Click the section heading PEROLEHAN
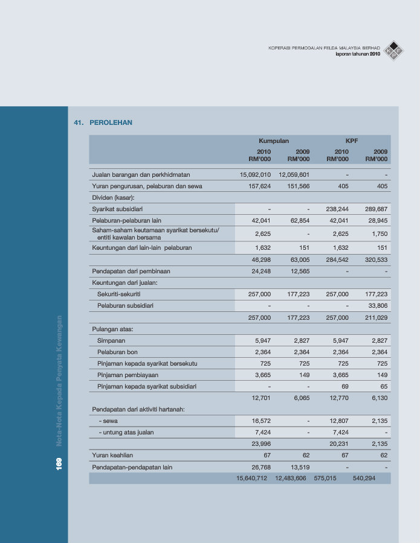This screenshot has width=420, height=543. pos(111,122)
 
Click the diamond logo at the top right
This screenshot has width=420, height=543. pos(395,51)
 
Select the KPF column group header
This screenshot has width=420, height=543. pos(352,141)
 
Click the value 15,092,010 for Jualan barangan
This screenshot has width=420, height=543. pos(255,174)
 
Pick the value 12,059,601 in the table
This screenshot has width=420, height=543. pos(294,174)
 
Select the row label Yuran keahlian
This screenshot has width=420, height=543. pos(112,455)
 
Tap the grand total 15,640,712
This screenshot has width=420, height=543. pos(251,478)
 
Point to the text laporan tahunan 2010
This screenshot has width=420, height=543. pos(358,54)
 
